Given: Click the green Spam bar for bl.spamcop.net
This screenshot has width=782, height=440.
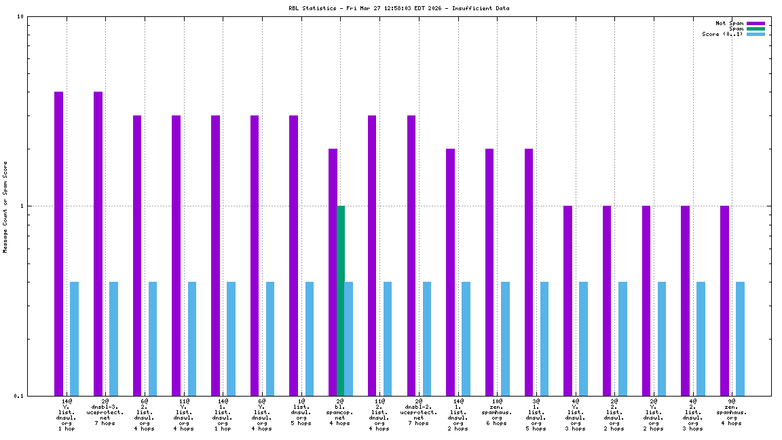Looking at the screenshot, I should [341, 300].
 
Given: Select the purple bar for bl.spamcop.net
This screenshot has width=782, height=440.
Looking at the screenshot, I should [333, 272].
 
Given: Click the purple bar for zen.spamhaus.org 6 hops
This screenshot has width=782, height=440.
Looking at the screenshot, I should [489, 272].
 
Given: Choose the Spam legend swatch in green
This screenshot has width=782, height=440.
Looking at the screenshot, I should [756, 29].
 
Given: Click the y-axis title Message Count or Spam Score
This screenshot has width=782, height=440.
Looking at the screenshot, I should [5, 206].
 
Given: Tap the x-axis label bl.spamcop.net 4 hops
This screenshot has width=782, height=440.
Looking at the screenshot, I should [340, 412].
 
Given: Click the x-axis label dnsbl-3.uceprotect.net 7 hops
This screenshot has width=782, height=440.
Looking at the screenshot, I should [105, 412].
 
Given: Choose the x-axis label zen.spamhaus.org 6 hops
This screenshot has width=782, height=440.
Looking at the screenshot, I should [497, 412].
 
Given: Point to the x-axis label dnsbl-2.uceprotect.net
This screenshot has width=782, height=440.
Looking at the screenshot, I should [418, 412].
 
